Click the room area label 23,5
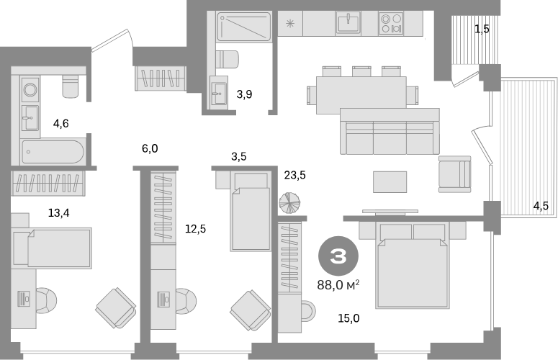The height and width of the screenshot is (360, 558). pos(294,175)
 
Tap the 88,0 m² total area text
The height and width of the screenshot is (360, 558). pos(338,285)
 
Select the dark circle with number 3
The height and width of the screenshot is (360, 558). pos(338,256)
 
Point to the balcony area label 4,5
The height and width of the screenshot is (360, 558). pos(541,206)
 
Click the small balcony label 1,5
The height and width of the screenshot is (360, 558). pos(482,30)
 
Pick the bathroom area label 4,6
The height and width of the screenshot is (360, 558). pos(61,123)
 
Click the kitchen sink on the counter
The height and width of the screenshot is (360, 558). pos(348,23)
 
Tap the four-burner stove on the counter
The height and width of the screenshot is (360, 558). pos(391,23)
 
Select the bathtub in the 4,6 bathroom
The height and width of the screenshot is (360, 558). pos(53,152)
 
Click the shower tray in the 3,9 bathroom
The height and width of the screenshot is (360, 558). pos(244,26)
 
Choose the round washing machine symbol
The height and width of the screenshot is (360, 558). pos(30,90)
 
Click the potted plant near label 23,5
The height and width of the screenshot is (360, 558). pos(289,203)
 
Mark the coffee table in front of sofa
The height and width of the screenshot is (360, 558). pos(390,181)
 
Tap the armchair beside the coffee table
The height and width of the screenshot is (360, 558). pos(454,174)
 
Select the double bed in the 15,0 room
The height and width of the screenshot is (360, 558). pos(413,265)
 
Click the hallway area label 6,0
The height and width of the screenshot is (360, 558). pos(150,148)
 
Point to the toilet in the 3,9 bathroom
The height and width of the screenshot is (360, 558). pos(228,59)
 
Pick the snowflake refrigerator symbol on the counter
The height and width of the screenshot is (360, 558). pos(290,24)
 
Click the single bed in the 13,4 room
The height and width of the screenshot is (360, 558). pos(53,248)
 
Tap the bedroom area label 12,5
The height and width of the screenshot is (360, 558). pos(195,229)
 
